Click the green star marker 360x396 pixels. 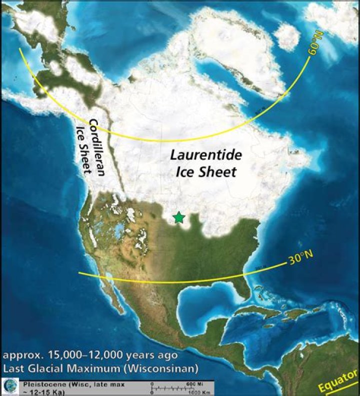tap(178, 217)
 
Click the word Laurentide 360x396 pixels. tap(205, 155)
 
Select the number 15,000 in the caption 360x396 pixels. tap(54, 355)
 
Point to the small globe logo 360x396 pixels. tap(10, 386)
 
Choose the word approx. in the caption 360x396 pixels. tap(19, 356)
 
